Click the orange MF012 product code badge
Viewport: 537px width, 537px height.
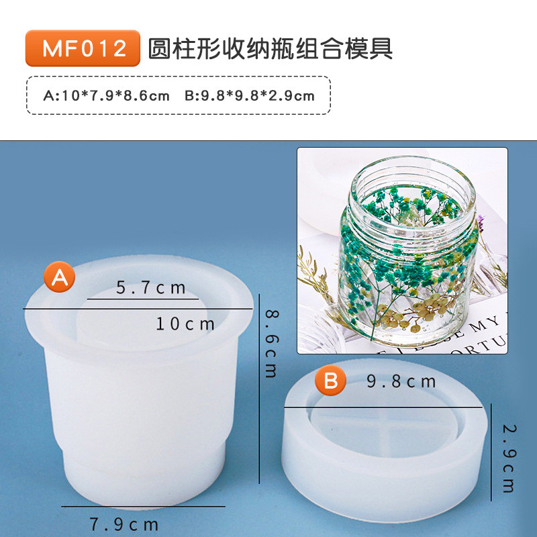(83, 48)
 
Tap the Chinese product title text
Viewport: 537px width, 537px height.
(271, 48)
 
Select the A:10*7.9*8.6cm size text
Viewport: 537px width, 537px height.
(107, 95)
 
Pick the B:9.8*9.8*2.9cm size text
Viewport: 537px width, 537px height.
(249, 95)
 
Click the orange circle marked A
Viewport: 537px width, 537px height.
(60, 277)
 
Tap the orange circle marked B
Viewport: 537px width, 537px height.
(330, 380)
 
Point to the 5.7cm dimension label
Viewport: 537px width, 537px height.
(150, 288)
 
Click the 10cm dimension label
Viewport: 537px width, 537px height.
(185, 324)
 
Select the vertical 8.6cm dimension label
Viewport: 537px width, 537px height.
(273, 344)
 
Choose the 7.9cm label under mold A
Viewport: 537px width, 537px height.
(124, 524)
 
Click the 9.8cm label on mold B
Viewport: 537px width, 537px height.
(401, 381)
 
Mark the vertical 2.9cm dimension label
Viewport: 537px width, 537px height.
(509, 458)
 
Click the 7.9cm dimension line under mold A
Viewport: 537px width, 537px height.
(143, 507)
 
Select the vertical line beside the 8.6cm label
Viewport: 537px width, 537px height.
(259, 389)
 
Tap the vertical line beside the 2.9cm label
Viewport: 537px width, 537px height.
(491, 452)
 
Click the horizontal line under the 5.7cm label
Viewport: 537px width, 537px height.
(143, 299)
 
